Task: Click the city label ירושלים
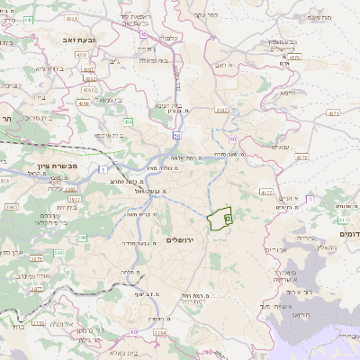click(181, 239)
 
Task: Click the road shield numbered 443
click(146, 35)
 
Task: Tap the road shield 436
click(129, 121)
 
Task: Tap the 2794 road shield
click(159, 333)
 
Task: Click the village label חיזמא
click(287, 93)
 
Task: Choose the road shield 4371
click(334, 113)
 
